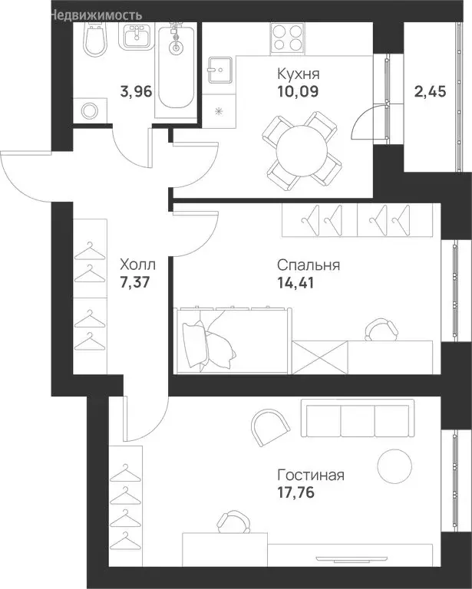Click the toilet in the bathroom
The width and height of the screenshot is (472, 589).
point(94,38)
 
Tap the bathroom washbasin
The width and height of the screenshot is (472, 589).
point(137,36)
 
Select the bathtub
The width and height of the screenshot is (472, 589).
point(176,70)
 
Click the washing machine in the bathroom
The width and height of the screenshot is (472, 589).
point(90,110)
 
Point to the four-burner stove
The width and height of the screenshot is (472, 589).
point(287,38)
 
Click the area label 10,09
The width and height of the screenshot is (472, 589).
point(298,91)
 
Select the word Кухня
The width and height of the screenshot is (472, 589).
point(299,74)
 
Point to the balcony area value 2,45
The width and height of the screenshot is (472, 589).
point(431,91)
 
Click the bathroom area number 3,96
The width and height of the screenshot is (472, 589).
point(136,91)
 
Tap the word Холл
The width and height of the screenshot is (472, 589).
point(137,265)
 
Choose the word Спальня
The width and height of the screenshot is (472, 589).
point(309,265)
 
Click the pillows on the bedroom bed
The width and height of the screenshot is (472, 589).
point(208,344)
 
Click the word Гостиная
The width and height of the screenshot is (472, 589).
point(311,475)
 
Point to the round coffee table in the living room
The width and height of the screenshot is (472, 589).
point(394,466)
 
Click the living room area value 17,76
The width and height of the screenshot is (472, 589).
point(295,492)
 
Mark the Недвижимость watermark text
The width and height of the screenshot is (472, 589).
point(96,15)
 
